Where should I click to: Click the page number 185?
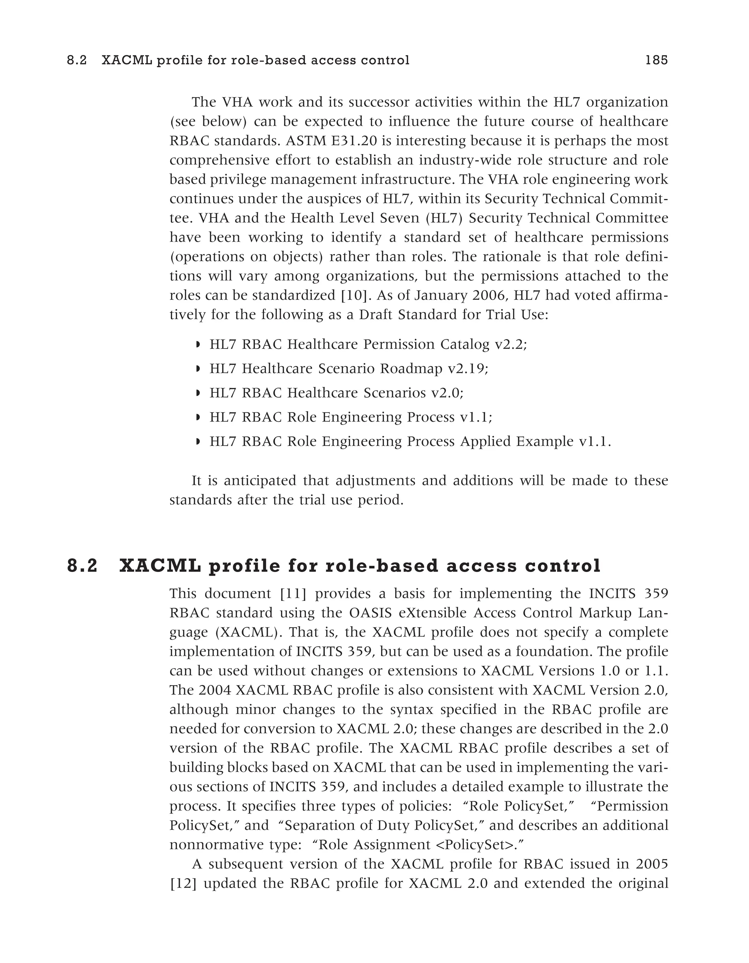click(x=656, y=60)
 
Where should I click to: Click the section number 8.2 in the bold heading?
click(x=82, y=566)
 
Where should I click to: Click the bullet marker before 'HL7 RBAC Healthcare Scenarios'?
click(x=198, y=393)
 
